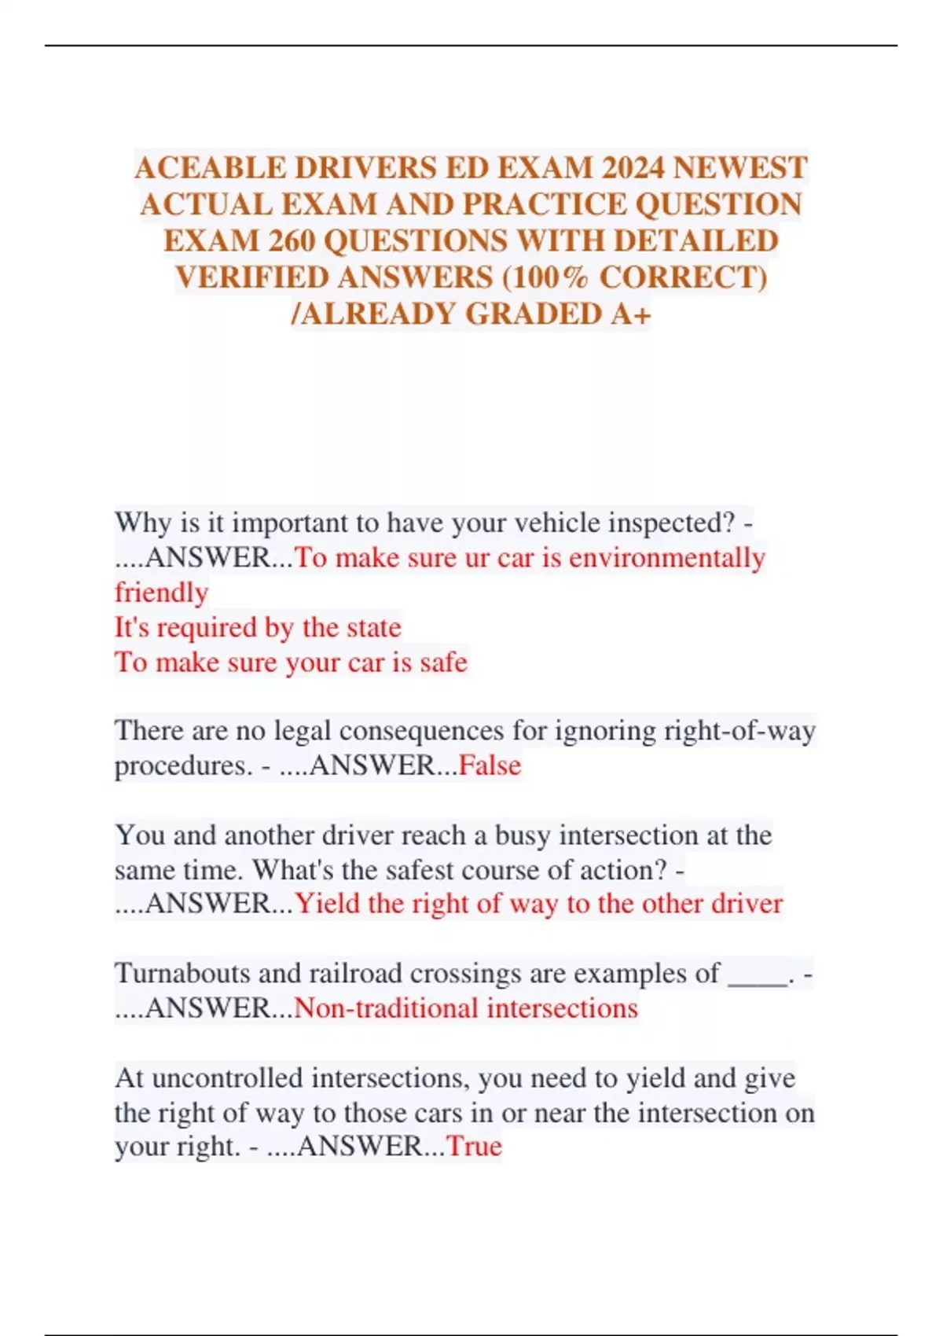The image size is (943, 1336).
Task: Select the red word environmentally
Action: [667, 558]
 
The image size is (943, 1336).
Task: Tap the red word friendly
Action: [161, 593]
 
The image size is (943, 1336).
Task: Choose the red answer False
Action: [490, 765]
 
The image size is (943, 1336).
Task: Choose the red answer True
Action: [474, 1147]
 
